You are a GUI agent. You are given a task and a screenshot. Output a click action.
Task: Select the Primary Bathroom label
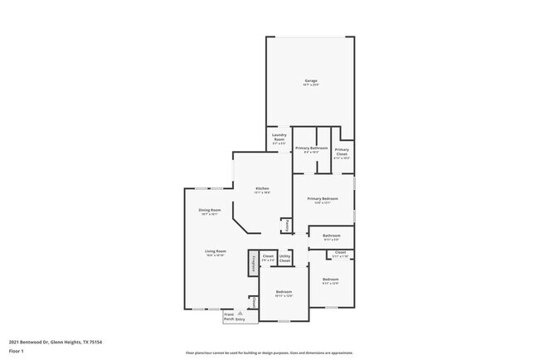point(311,149)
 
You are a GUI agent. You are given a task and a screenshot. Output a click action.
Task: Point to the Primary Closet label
point(342,153)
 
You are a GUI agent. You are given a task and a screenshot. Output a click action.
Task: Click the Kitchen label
point(262,190)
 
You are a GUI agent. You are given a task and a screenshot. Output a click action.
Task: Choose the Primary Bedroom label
point(323,200)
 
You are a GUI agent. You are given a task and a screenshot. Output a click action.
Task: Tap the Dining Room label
point(210,212)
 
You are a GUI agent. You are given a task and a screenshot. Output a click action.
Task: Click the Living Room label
point(216,253)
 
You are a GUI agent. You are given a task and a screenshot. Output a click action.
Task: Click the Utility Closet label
point(284,260)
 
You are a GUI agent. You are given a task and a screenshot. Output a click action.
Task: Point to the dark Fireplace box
point(252,263)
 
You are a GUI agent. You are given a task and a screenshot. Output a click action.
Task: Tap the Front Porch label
point(228,316)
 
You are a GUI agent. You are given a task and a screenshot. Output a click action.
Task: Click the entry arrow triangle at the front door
point(240,312)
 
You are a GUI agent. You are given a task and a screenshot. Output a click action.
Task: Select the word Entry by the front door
point(240,319)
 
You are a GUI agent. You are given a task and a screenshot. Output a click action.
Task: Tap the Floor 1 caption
point(17,351)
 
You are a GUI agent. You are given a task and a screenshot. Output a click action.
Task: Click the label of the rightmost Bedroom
point(331,280)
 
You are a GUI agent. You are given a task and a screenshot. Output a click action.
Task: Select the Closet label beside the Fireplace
point(268,257)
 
